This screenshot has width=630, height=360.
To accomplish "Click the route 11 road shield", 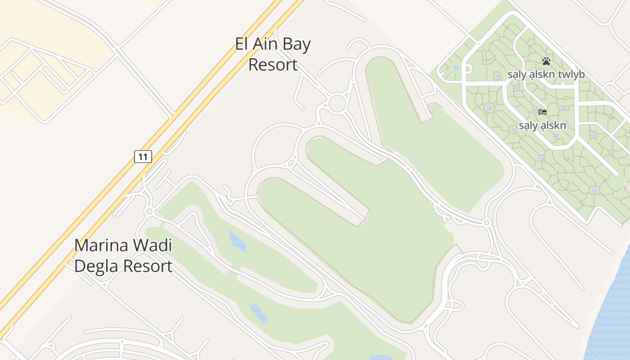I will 143,157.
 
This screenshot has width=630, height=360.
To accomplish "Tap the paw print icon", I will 546,61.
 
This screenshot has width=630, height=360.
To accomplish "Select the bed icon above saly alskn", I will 543,112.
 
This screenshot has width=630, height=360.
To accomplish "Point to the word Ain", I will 265,45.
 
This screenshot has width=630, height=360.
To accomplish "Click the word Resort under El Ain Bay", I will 273,65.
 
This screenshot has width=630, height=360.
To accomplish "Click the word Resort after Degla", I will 148,266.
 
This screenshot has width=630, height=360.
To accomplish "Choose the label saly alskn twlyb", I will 546,75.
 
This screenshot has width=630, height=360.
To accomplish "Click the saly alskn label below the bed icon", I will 542,126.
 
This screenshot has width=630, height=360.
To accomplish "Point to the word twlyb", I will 571,75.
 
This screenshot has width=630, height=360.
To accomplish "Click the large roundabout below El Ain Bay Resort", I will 337,103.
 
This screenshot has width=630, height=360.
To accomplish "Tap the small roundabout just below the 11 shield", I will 149,211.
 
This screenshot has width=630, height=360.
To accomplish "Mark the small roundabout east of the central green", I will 486,222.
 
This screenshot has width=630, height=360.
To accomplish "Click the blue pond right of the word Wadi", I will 238,242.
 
